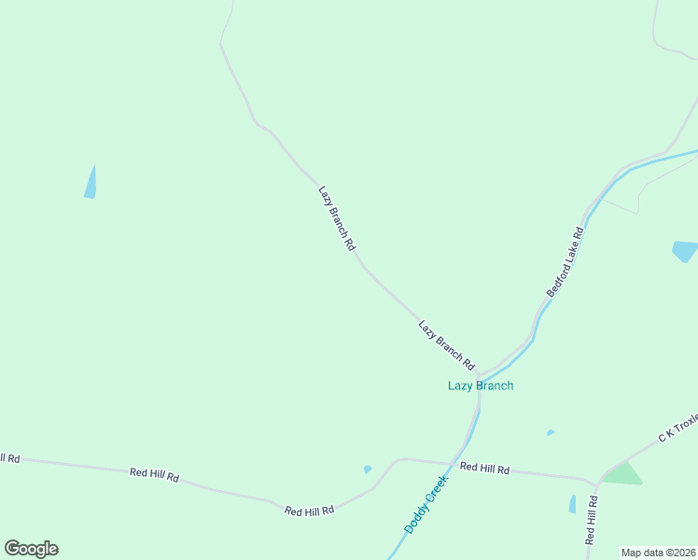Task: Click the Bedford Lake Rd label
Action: point(565,262)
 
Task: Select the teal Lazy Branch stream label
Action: point(481,385)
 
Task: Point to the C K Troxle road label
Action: point(678,426)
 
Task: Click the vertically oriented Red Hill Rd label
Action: point(591,520)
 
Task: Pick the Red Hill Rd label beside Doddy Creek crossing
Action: point(484,469)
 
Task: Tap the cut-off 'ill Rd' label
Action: point(9,458)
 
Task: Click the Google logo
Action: point(31,549)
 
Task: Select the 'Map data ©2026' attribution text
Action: point(659,553)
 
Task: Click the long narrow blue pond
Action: point(91,182)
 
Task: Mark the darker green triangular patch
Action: point(622,474)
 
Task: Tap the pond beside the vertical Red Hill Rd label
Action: point(572,504)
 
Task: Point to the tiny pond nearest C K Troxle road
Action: point(551,432)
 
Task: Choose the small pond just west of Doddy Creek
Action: point(368,469)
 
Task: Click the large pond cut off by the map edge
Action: point(686,251)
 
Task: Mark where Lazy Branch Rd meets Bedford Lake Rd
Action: point(479,373)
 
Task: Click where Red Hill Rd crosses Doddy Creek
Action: point(454,464)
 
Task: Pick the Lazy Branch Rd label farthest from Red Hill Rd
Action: point(337,217)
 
